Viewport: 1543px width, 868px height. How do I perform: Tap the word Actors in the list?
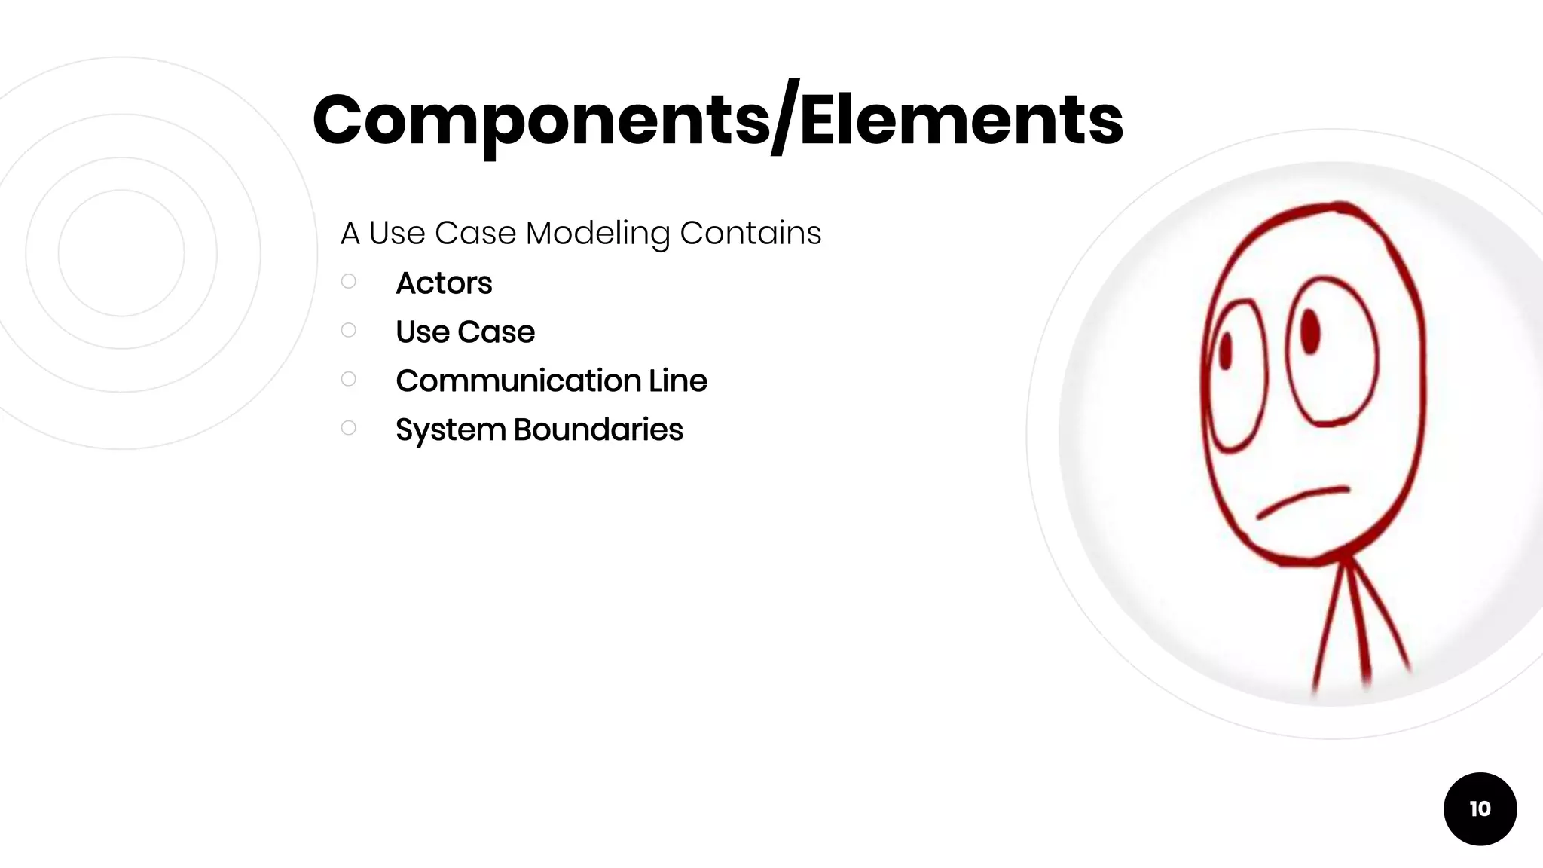(x=444, y=283)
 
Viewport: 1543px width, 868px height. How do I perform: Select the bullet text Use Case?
(x=465, y=332)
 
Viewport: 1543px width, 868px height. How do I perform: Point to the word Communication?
(x=518, y=381)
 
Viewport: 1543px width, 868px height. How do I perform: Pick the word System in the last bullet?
(x=450, y=430)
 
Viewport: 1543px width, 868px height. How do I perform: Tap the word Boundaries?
(x=598, y=430)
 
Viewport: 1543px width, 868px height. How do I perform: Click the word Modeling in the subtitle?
(x=597, y=234)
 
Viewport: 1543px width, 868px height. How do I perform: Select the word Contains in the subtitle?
(x=750, y=234)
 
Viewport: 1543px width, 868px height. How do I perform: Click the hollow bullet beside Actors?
(x=348, y=281)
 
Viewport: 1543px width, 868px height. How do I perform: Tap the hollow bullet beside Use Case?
(x=348, y=330)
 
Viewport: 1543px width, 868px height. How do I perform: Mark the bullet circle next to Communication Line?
(x=348, y=379)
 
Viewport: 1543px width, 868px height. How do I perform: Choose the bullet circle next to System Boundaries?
(x=348, y=428)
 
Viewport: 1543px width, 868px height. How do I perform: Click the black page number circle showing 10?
(x=1480, y=808)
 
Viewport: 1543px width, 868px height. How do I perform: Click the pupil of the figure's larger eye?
(x=1310, y=330)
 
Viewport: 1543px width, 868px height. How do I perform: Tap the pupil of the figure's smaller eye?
(x=1225, y=351)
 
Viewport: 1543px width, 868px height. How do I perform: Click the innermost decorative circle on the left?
(x=121, y=252)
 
